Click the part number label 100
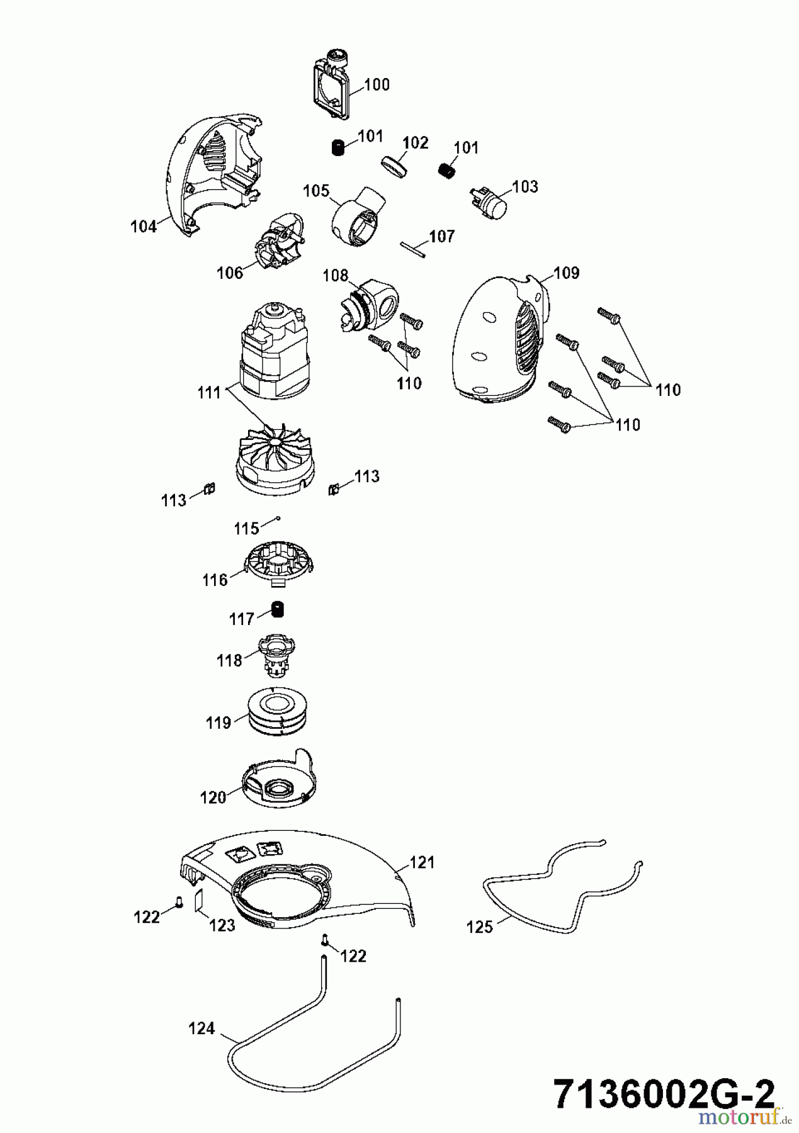click(377, 84)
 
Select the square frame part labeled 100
click(332, 87)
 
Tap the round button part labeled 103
click(490, 202)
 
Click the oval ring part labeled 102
click(395, 168)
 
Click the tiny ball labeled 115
click(278, 519)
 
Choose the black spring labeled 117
click(277, 609)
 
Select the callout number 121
click(422, 862)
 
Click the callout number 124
click(201, 1029)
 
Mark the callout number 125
click(479, 927)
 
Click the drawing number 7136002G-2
click(664, 1096)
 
